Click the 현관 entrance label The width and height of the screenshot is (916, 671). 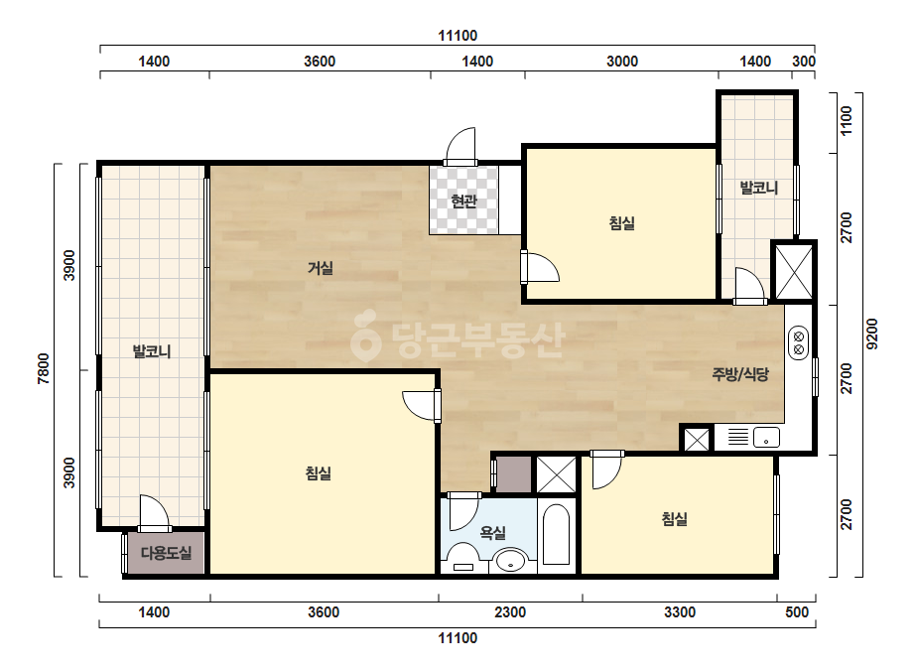[463, 201]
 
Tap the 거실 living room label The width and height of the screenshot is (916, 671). [321, 268]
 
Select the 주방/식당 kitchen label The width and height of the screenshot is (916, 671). [740, 374]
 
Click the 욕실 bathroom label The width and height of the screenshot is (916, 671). [492, 532]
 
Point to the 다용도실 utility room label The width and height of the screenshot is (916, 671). [166, 553]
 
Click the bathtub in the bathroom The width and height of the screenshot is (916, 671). [556, 534]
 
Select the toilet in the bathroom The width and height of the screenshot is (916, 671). [463, 557]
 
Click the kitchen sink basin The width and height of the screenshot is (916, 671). [766, 437]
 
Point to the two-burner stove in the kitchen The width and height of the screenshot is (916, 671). [798, 342]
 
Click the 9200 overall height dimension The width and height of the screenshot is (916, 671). [871, 334]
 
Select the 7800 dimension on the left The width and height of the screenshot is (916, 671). [44, 369]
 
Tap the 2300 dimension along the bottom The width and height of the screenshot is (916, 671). [510, 612]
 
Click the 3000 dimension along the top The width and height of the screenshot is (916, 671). [622, 62]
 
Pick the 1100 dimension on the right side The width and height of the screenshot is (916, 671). [846, 120]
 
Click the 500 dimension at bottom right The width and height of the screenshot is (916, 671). [797, 612]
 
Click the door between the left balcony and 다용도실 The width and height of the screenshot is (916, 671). [155, 514]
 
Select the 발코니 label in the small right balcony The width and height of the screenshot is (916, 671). [759, 188]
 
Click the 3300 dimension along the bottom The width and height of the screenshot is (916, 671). [680, 612]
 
